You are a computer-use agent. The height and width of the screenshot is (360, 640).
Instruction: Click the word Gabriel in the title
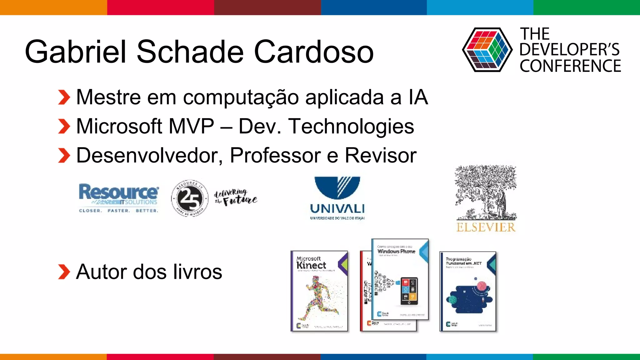tap(75, 52)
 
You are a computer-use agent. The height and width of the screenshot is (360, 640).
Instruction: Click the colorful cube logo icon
tap(487, 50)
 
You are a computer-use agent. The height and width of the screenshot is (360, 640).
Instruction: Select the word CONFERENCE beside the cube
tap(570, 66)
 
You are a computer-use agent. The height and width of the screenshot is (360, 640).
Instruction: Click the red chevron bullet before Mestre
tap(64, 97)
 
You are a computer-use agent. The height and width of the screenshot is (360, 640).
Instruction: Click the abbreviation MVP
tap(191, 126)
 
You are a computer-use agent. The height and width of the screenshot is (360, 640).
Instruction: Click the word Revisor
tap(380, 155)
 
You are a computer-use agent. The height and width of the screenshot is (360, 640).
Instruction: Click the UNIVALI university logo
tap(337, 198)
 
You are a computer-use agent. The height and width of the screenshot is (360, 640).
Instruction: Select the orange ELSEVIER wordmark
tap(486, 227)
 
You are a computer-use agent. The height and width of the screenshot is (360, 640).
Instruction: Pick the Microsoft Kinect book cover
tap(319, 291)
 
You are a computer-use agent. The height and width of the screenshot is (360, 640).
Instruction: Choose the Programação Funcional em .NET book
tap(467, 291)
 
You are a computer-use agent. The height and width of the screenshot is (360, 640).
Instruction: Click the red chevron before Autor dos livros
tap(64, 272)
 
